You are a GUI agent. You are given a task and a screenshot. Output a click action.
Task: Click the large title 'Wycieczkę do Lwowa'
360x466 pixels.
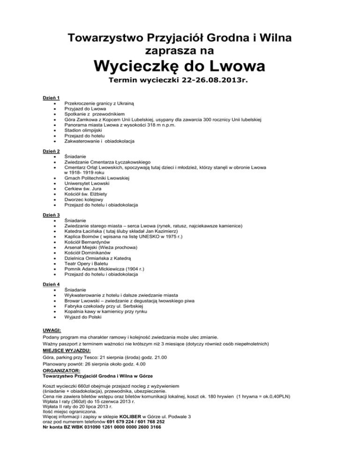(180, 65)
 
